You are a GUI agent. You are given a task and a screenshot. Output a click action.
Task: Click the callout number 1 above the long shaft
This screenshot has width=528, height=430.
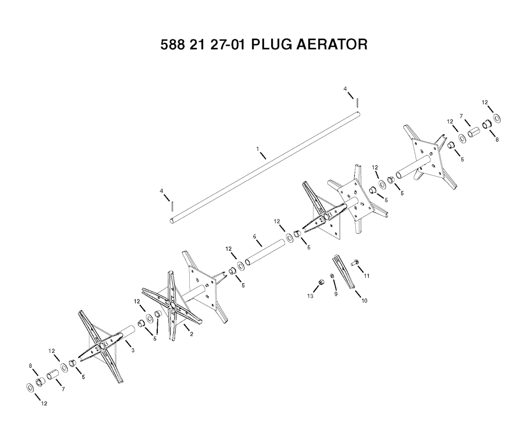[x=258, y=148]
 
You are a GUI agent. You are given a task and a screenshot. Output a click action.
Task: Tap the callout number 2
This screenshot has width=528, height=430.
[x=192, y=334]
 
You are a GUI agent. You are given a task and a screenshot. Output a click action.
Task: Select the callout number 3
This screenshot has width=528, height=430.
[x=133, y=350]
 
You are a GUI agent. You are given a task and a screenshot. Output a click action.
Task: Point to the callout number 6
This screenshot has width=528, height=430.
[x=255, y=236]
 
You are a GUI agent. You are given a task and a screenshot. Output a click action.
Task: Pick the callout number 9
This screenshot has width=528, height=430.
[x=336, y=294]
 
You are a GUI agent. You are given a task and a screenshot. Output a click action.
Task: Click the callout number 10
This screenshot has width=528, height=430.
[x=365, y=301]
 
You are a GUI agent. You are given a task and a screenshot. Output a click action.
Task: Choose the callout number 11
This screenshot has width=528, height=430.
[x=367, y=276]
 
